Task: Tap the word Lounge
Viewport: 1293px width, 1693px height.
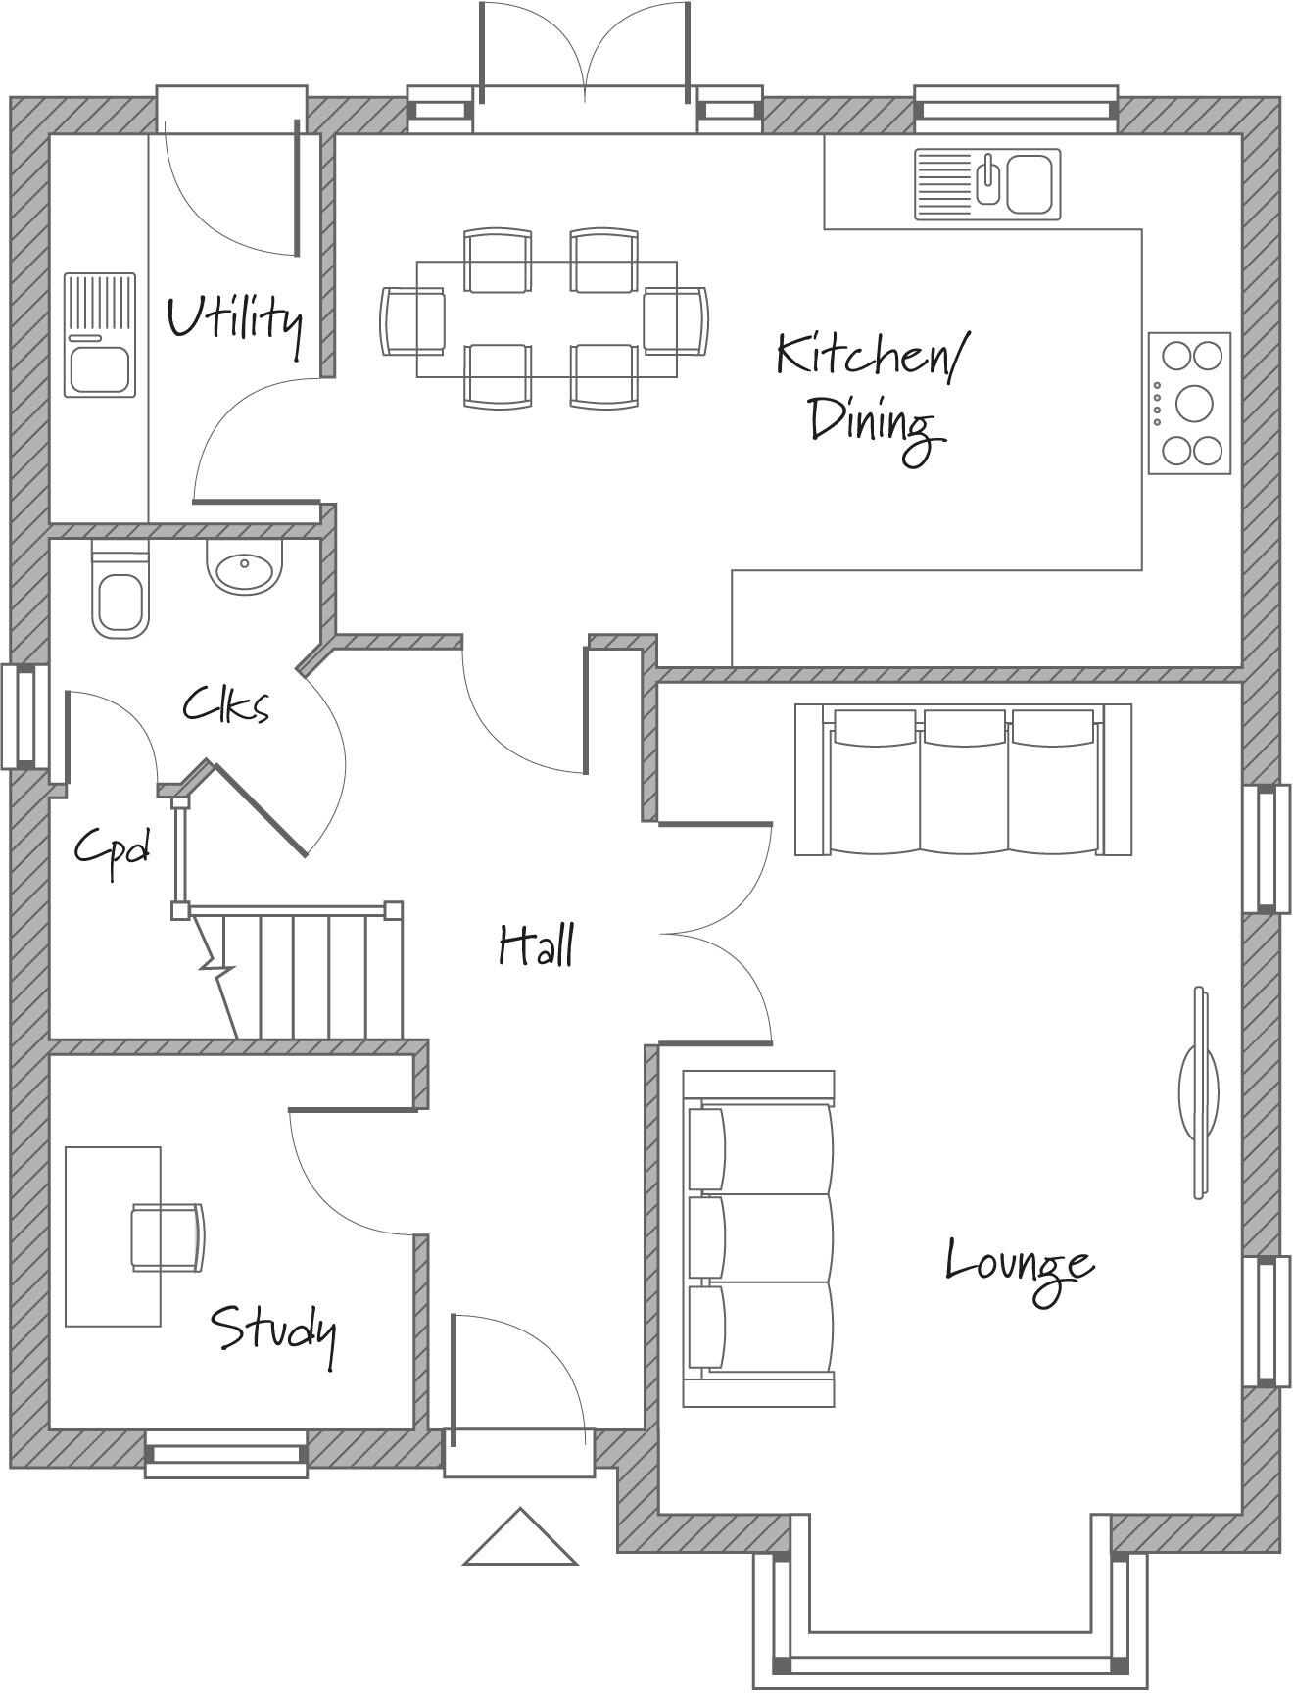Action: tap(1019, 1264)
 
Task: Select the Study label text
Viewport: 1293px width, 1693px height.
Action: tap(273, 1330)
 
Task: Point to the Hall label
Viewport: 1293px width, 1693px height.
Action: tap(536, 946)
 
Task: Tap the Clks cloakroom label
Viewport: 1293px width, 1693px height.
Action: tap(225, 705)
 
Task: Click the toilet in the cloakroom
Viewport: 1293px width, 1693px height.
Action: tap(120, 594)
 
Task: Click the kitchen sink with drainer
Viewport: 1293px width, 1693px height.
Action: tap(987, 183)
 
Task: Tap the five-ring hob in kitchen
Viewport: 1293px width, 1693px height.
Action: tap(1189, 403)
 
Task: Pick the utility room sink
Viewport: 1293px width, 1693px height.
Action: tap(100, 335)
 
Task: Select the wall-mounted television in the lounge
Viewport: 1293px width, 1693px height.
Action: tap(1199, 1091)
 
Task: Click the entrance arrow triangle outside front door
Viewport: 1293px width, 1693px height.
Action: tap(520, 1541)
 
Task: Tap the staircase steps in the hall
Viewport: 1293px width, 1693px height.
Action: tap(313, 976)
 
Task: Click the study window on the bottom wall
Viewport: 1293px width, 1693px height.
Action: tap(226, 1454)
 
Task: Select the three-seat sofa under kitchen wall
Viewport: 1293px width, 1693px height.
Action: tap(963, 780)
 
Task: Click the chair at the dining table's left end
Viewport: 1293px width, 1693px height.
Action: tap(411, 320)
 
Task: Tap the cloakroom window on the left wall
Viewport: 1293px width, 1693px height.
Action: tap(24, 716)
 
